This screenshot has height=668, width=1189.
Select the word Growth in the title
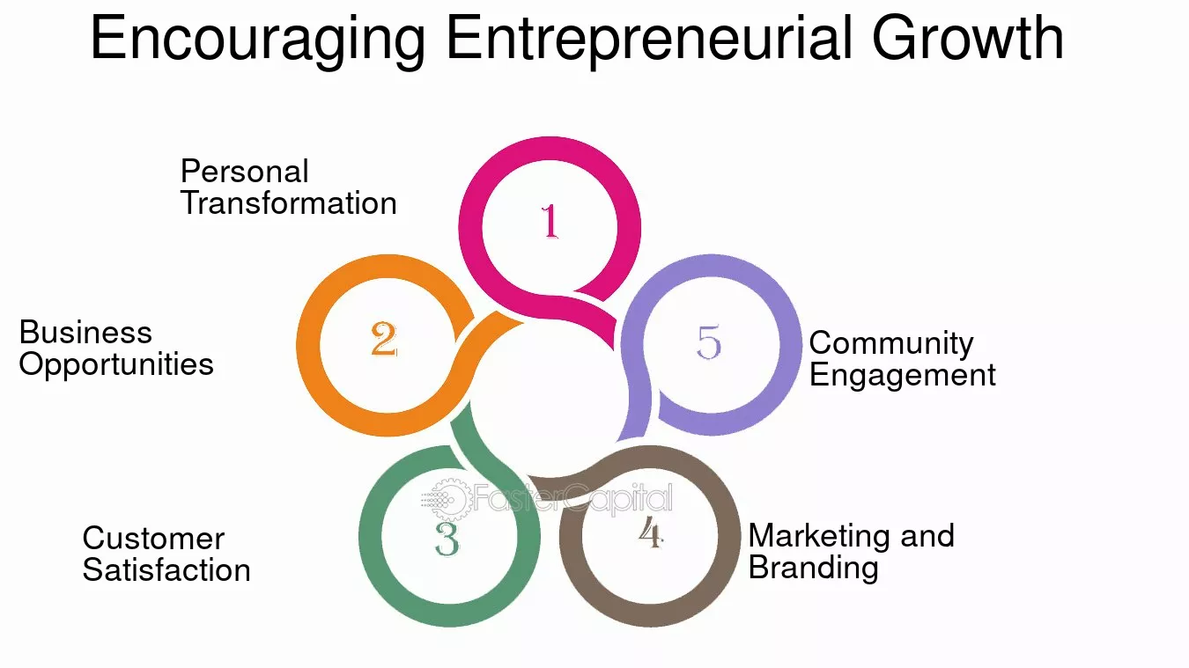[x=968, y=37]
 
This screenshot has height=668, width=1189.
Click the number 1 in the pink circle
[x=550, y=221]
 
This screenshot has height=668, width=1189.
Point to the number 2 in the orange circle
[x=384, y=339]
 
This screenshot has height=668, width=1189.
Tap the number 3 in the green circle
[x=447, y=539]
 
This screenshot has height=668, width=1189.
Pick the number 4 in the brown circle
[x=651, y=532]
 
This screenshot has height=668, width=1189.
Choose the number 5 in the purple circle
[x=709, y=341]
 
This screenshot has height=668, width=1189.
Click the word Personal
[x=244, y=172]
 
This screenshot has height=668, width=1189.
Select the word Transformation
[x=289, y=203]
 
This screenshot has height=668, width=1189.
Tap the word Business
[x=85, y=333]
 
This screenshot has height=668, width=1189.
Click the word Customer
[x=153, y=539]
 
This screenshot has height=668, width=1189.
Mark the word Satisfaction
[x=166, y=570]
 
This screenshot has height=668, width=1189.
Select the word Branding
[x=813, y=569]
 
